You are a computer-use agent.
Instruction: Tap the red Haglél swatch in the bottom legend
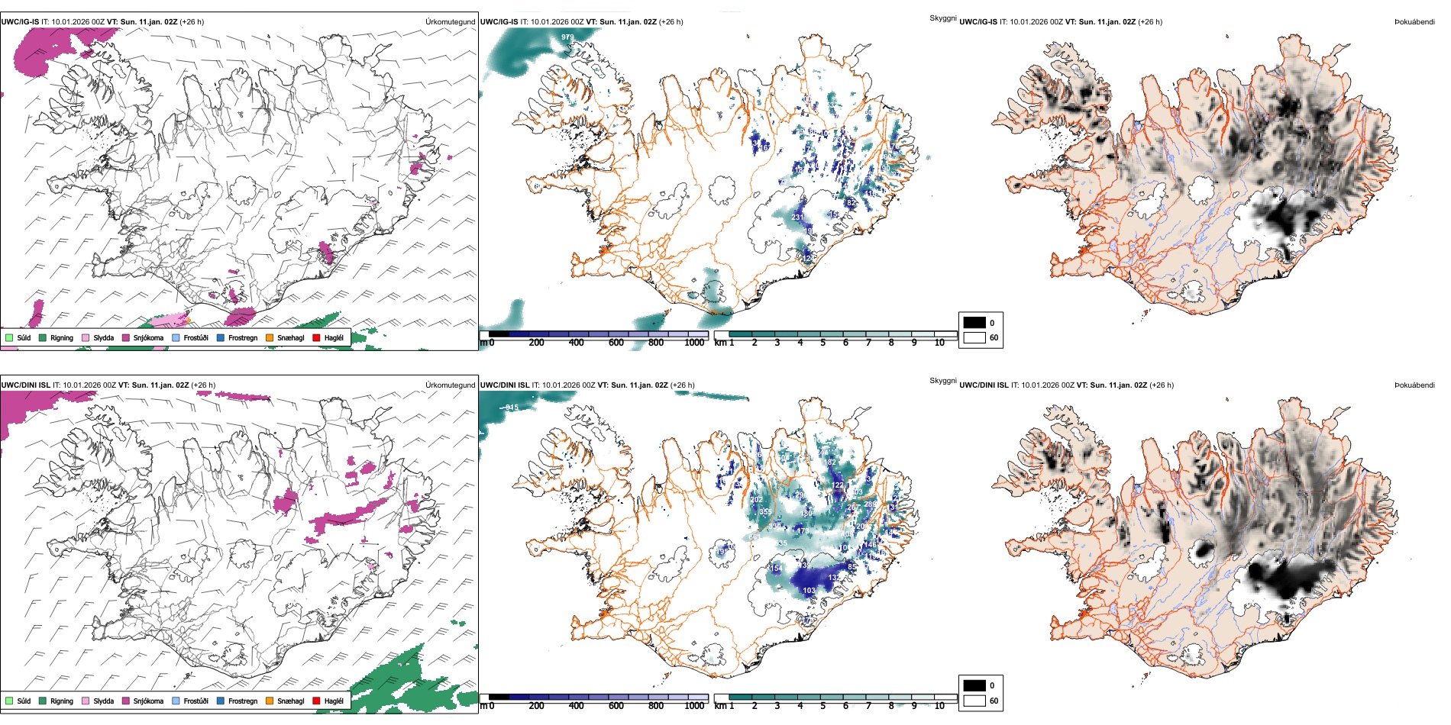(316, 701)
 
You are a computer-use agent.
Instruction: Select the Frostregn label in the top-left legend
(242, 337)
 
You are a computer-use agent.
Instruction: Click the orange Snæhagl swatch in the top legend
(270, 337)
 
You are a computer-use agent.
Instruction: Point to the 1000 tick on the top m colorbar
(694, 343)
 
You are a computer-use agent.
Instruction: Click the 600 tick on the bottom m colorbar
(616, 706)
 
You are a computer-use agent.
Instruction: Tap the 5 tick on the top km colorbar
(822, 343)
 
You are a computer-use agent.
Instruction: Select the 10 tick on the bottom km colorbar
(939, 706)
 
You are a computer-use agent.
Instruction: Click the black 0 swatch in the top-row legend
(974, 323)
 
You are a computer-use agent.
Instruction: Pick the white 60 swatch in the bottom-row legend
(974, 701)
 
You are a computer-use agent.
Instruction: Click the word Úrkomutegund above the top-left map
(450, 22)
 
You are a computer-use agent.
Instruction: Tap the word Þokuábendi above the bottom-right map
(1414, 385)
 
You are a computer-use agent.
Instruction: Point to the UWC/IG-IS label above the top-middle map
(499, 22)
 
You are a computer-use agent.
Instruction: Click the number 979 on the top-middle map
(567, 37)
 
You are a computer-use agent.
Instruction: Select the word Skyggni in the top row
(942, 18)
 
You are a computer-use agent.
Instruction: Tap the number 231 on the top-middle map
(797, 217)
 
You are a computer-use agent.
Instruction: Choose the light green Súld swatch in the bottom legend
(9, 701)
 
